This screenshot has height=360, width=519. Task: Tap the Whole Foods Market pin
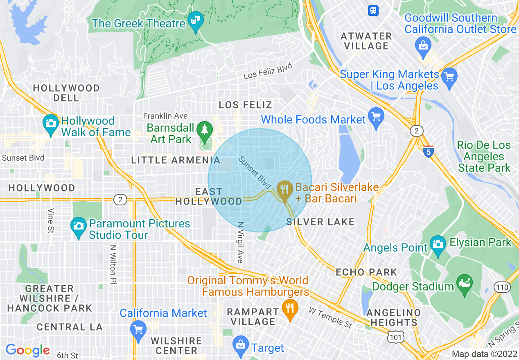click(376, 118)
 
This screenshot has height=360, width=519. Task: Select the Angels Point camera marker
click(438, 244)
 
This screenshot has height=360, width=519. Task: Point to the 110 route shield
click(502, 287)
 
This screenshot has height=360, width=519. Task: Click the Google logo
click(27, 350)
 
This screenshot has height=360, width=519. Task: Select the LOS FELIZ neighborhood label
click(245, 105)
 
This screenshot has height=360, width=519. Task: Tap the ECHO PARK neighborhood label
click(366, 272)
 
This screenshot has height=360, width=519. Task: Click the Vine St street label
click(51, 221)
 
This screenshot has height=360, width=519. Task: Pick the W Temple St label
click(330, 317)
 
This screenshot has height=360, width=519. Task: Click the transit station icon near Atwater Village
click(373, 11)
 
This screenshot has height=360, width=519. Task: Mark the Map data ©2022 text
click(484, 354)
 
